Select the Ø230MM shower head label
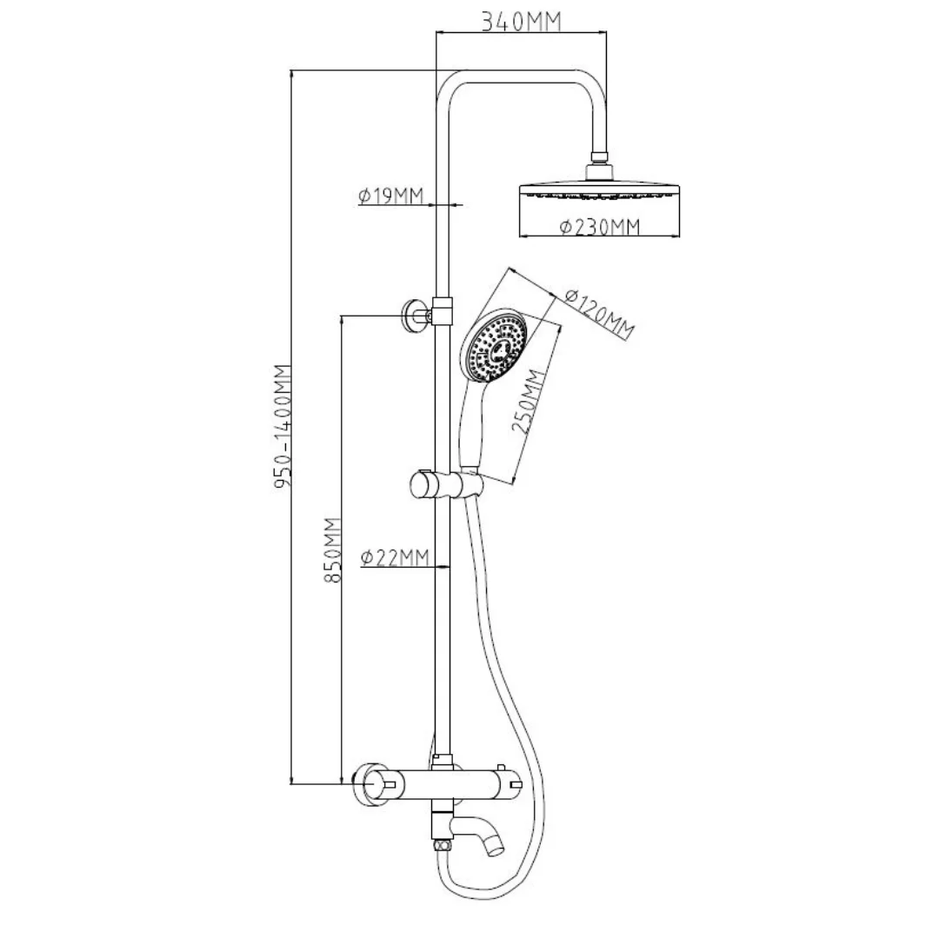(600, 227)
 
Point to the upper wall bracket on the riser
(416, 316)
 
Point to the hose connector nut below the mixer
(442, 842)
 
